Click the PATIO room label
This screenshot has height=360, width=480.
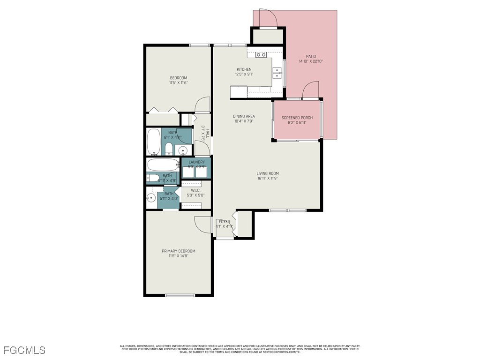[x=311, y=56]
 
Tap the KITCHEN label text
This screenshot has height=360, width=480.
[x=244, y=69]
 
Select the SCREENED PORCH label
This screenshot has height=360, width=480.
[x=297, y=118]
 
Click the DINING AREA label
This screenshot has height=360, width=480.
[x=244, y=116]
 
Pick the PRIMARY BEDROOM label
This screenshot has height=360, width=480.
[x=179, y=251]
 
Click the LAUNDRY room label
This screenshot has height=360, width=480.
[x=196, y=162]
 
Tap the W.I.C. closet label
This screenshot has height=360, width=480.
[x=195, y=190]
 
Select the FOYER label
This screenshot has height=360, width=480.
[x=224, y=222]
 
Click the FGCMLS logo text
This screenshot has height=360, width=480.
[x=25, y=350]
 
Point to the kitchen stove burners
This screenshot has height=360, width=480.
[x=261, y=55]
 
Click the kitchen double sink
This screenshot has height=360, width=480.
[x=277, y=73]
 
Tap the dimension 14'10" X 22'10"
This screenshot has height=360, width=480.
[x=311, y=61]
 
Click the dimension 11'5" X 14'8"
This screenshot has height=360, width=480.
[x=179, y=256]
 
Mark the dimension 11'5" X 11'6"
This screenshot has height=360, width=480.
[x=178, y=83]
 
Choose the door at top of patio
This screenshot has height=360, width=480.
[x=269, y=19]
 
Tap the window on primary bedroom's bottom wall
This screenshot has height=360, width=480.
[x=180, y=295]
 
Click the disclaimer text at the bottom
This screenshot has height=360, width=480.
[x=240, y=349]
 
